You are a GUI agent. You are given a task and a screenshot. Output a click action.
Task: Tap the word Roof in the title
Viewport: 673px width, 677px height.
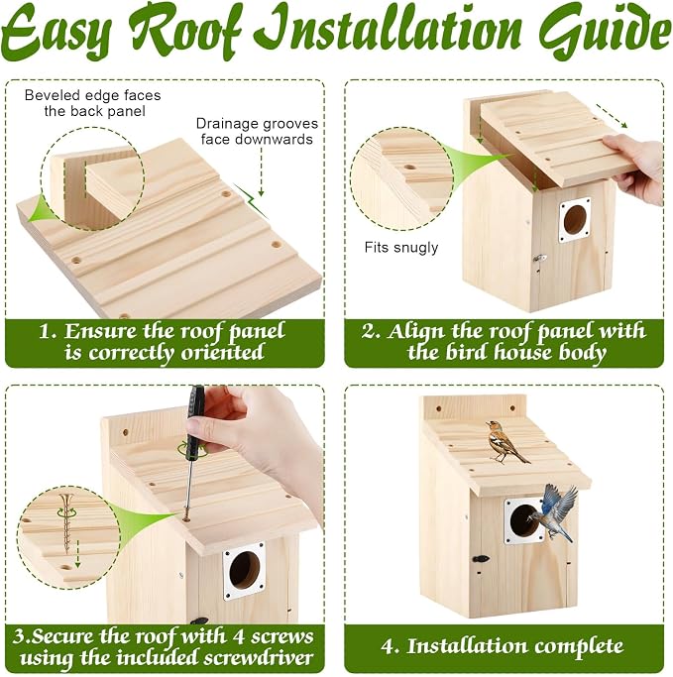pos(184,31)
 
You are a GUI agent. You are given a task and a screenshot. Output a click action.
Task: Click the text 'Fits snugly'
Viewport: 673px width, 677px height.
pos(401,248)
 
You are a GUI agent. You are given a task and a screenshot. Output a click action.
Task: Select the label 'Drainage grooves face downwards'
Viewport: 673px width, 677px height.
pos(257,131)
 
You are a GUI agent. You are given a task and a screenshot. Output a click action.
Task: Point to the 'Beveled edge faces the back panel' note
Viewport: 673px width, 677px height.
pos(92,103)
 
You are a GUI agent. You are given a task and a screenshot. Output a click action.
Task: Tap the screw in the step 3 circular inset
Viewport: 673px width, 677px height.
pos(67,522)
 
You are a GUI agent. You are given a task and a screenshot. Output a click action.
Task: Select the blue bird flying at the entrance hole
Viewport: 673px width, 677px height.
pos(556,511)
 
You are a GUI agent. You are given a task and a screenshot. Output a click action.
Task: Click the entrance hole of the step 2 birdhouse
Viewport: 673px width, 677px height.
pos(575,220)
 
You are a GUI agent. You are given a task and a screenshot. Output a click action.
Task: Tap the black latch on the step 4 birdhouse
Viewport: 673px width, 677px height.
pos(481,559)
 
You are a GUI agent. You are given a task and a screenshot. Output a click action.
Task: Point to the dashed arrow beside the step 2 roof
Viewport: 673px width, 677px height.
pos(612,116)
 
